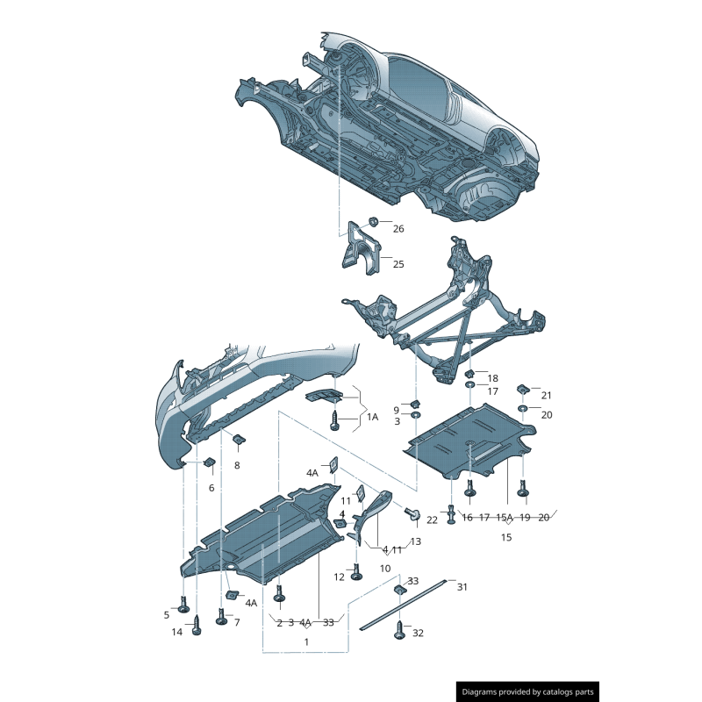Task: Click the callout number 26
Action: pos(398,229)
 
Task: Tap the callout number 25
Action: pos(398,264)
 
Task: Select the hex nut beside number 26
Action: pos(373,222)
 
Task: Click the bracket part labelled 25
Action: pos(361,248)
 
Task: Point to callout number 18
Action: pos(492,378)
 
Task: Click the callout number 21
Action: pos(546,396)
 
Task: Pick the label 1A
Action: pos(372,418)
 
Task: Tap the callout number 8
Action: pos(237,466)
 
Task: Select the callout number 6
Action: pos(211,488)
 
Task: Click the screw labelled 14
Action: pos(197,626)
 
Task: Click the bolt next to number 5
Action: pos(183,605)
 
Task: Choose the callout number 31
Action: pos(462,587)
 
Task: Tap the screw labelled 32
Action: pos(399,630)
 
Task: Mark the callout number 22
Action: pos(432,520)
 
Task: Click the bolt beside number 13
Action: pos(412,513)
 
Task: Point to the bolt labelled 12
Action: pos(356,572)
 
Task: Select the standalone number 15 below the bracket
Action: pos(506,537)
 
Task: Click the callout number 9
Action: pos(397,411)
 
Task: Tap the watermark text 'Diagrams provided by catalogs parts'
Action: pos(528,692)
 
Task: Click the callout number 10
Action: pos(385,569)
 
